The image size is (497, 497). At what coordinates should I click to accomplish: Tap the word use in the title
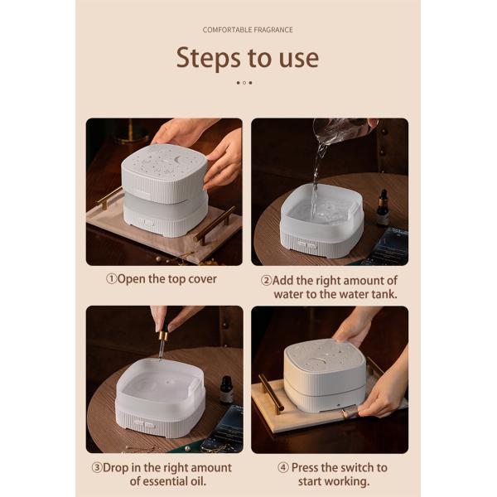[296, 59]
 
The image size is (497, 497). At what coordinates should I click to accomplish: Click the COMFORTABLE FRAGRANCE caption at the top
[248, 30]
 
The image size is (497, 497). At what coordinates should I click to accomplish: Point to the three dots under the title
[244, 83]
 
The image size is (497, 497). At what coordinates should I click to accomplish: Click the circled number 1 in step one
[111, 279]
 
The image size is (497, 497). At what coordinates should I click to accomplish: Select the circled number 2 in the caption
[268, 281]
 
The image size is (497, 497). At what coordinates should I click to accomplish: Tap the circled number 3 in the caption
[97, 468]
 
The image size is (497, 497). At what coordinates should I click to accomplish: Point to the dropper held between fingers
[163, 340]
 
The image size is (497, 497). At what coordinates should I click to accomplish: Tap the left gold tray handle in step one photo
[109, 198]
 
